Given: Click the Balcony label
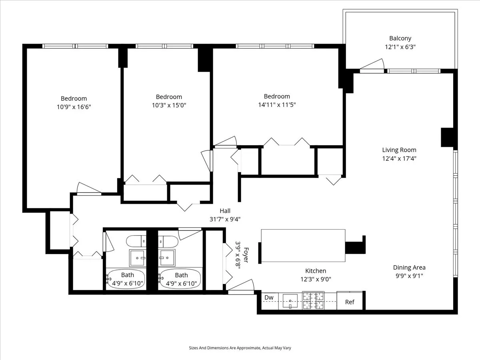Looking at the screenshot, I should pyautogui.click(x=400, y=38).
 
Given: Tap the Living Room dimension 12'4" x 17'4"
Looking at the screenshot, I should pyautogui.click(x=399, y=158).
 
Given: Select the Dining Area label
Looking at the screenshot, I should pyautogui.click(x=409, y=267).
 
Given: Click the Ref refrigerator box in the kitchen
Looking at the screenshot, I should pyautogui.click(x=350, y=302).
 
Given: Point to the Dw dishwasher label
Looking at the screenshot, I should pyautogui.click(x=269, y=298).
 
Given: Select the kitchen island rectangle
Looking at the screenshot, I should pyautogui.click(x=303, y=245).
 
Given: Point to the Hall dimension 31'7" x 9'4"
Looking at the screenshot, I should pyautogui.click(x=224, y=219).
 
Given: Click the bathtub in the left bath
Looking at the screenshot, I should pyautogui.click(x=127, y=278).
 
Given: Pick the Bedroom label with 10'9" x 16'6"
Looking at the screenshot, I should pyautogui.click(x=74, y=98).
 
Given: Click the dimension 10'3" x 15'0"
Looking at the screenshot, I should pyautogui.click(x=168, y=106).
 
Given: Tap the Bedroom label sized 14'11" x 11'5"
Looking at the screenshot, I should pyautogui.click(x=277, y=96).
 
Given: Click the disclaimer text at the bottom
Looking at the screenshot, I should pyautogui.click(x=240, y=348).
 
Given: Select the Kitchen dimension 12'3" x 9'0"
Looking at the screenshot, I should pyautogui.click(x=316, y=279).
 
